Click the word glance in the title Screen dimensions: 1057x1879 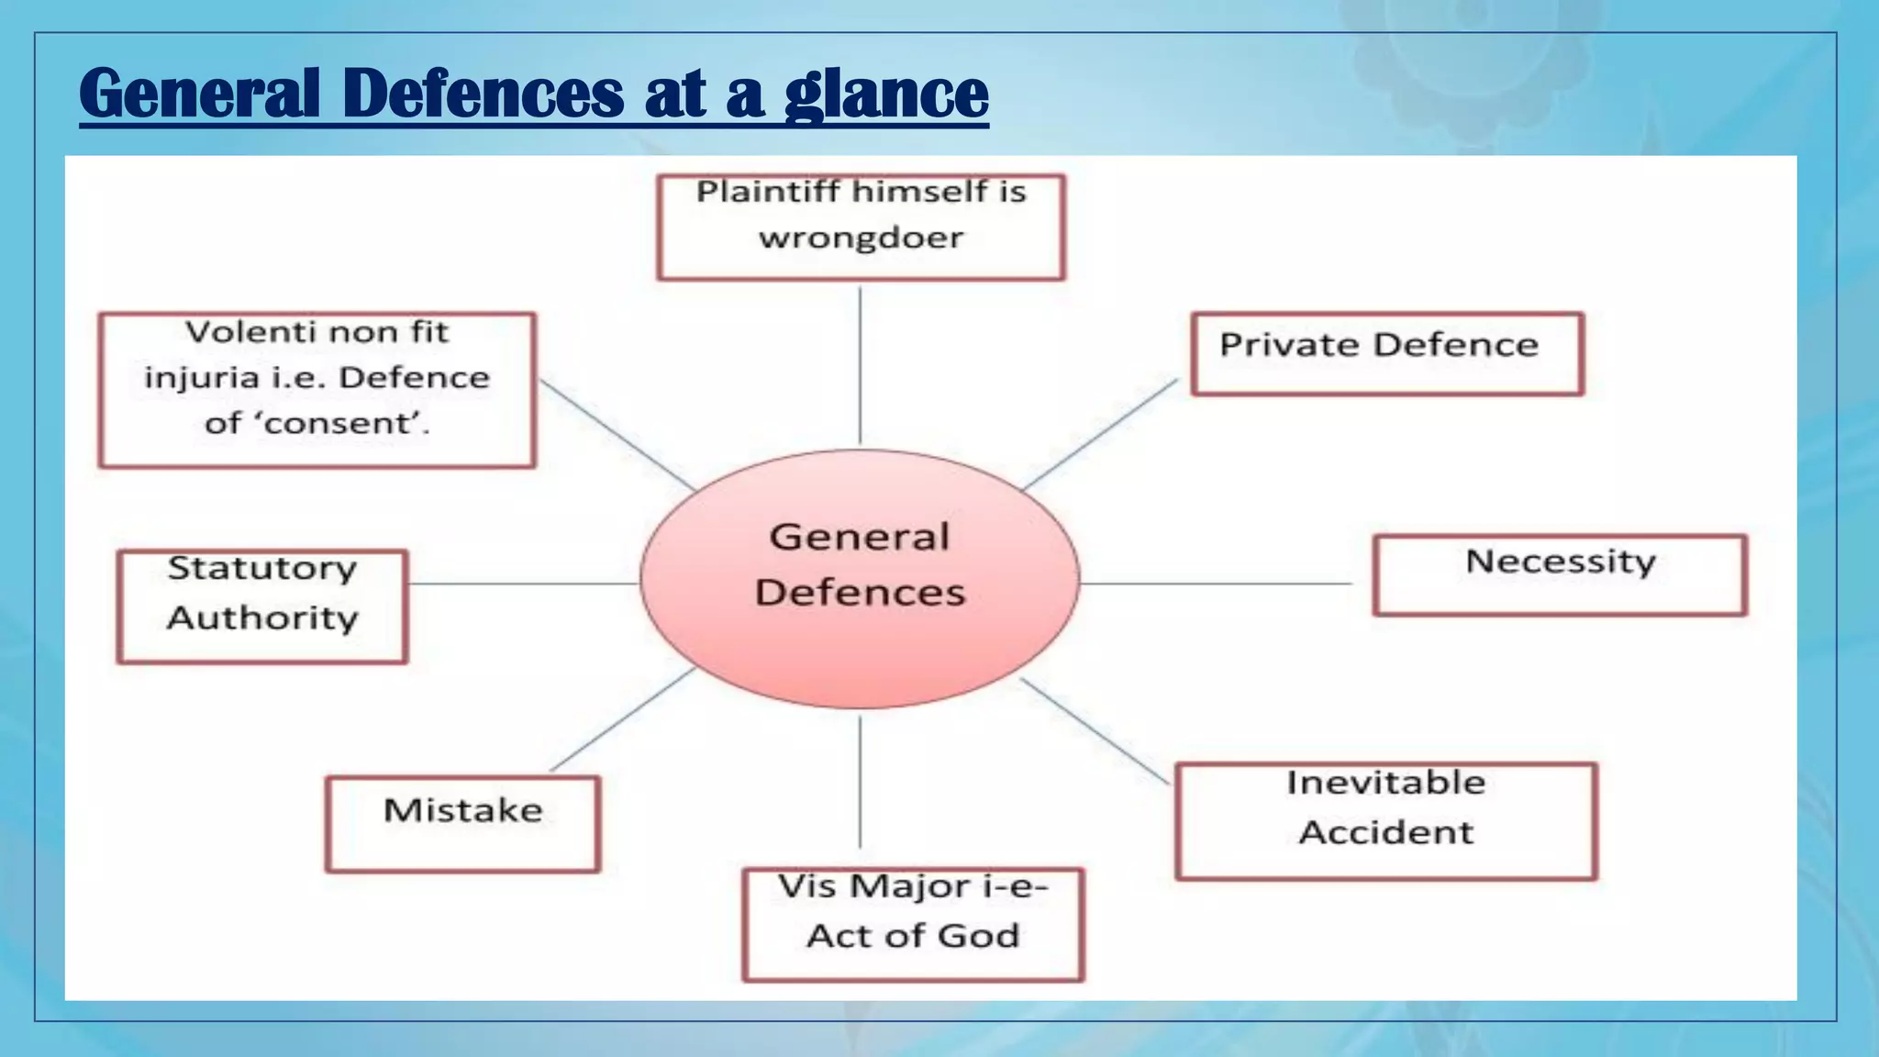click(x=886, y=95)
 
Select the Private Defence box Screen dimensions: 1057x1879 click(x=1387, y=354)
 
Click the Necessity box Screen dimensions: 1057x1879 click(x=1560, y=575)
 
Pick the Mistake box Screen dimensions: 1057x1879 click(x=462, y=823)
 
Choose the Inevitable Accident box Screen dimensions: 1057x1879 click(x=1385, y=820)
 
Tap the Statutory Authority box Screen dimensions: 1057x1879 click(x=262, y=606)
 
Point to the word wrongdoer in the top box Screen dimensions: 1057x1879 click(x=861, y=239)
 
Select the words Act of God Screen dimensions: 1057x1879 click(x=912, y=936)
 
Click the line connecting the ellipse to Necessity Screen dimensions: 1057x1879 click(x=1216, y=583)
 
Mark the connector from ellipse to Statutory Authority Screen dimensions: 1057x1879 click(x=523, y=583)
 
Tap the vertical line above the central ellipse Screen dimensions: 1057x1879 click(x=860, y=367)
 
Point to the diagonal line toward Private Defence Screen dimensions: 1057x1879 click(x=1101, y=434)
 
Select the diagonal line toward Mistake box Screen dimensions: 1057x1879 click(x=622, y=719)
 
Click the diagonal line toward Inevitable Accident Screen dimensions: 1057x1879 click(x=1095, y=731)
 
